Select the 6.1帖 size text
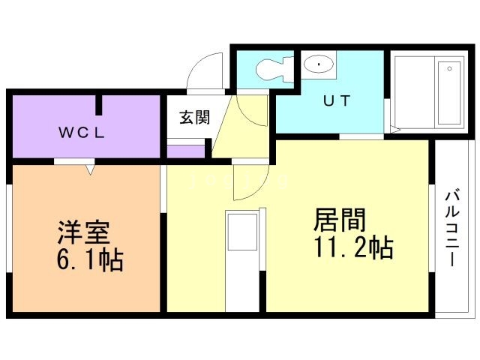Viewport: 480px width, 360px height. point(89,260)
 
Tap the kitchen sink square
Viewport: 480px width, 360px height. point(241,232)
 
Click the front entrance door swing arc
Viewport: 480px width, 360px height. point(204,71)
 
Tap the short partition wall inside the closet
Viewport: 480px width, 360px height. point(98,106)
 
